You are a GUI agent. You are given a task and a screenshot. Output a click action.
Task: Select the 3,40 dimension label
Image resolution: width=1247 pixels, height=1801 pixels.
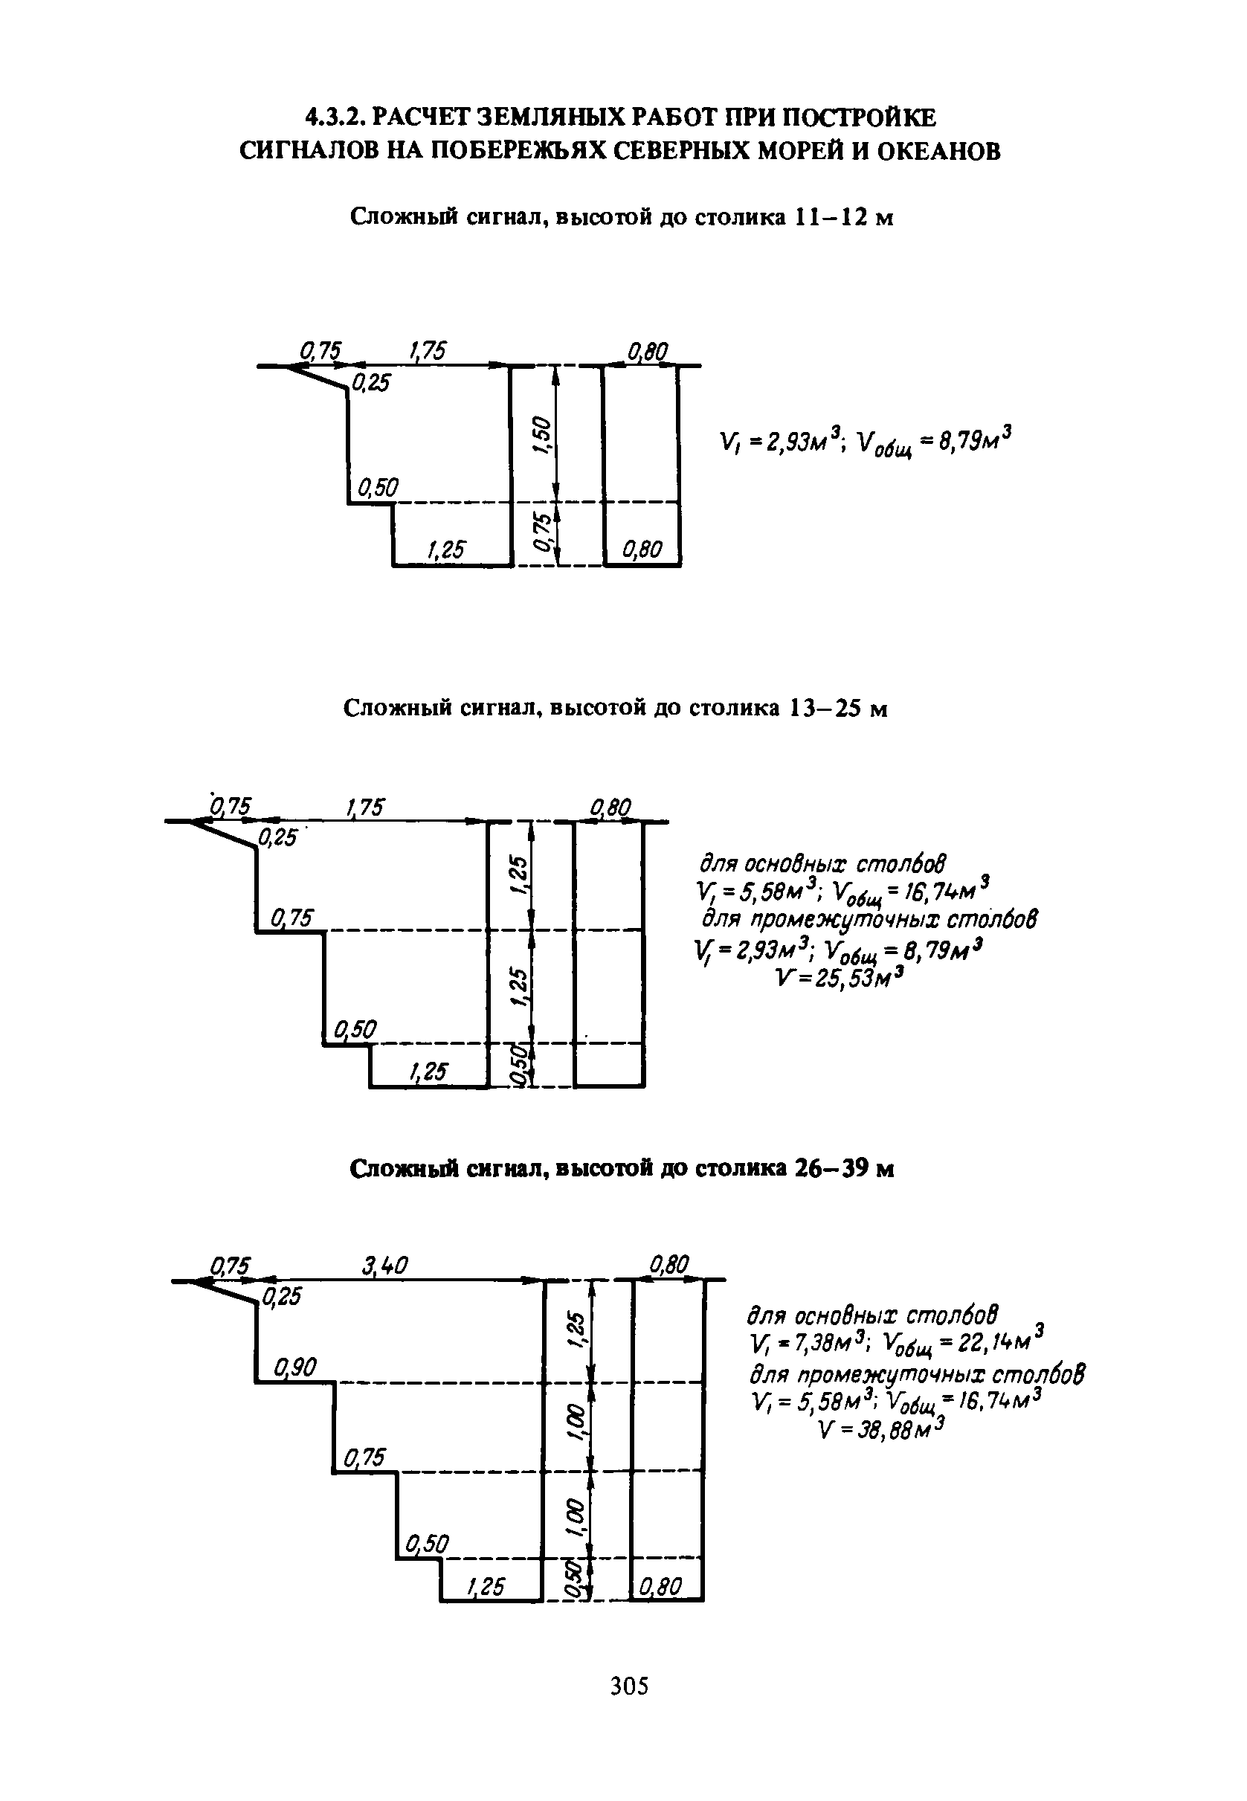point(385,1265)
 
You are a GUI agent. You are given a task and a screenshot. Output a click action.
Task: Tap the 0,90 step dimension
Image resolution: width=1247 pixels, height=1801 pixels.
point(294,1367)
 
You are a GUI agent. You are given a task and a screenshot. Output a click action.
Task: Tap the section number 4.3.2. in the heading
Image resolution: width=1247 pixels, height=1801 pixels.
point(335,118)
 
